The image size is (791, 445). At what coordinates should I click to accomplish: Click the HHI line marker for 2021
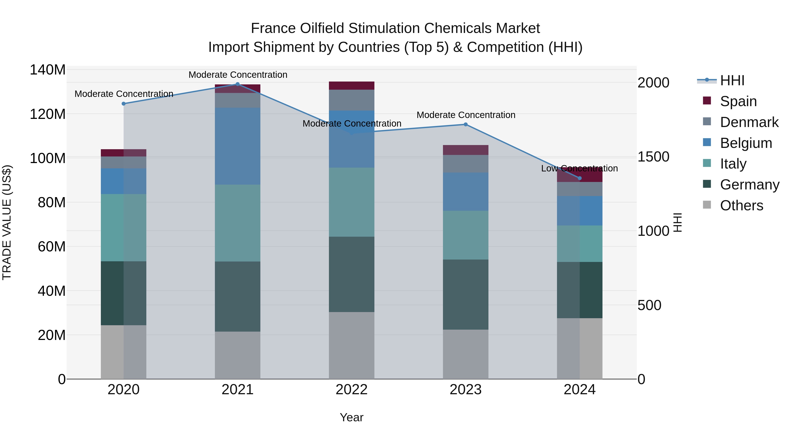pos(237,84)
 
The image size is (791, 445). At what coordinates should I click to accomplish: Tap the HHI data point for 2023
pos(466,124)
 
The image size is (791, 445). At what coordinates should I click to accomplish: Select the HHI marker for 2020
pos(123,104)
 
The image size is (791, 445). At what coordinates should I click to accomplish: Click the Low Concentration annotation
pos(579,168)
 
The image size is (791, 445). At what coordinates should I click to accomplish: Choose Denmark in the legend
pos(749,122)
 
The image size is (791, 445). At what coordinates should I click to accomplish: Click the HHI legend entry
pos(732,80)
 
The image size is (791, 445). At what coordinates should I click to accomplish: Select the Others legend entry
pos(741,205)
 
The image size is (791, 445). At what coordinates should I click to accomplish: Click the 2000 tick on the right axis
pos(653,83)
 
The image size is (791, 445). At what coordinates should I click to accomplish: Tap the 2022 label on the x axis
pos(351,390)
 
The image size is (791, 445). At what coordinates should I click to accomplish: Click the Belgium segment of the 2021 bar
pos(237,146)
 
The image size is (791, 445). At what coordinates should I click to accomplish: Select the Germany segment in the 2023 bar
pos(466,294)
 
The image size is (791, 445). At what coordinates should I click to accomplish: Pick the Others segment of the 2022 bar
pos(351,345)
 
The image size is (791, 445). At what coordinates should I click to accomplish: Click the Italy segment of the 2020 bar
pos(123,228)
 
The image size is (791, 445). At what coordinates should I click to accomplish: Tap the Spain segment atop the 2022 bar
pos(351,86)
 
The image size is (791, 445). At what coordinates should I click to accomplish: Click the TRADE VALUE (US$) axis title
pos(7,222)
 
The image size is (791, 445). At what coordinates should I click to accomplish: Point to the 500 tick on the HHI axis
pos(649,305)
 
